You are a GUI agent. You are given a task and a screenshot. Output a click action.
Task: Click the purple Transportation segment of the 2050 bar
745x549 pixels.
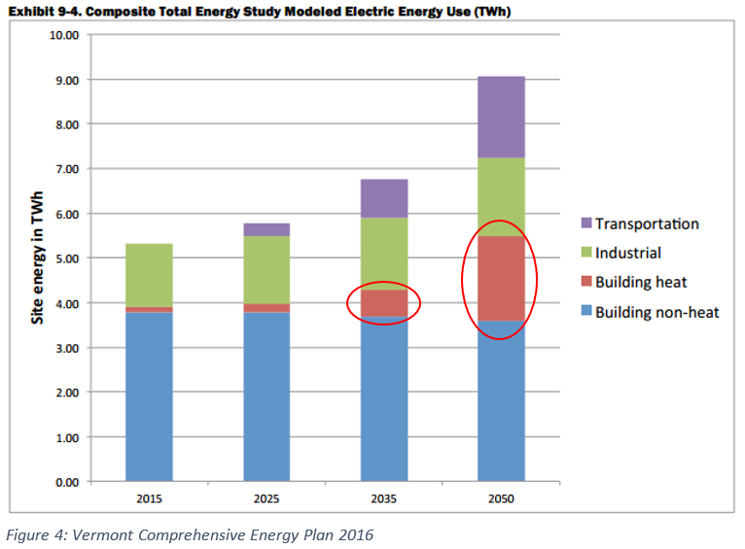coord(501,117)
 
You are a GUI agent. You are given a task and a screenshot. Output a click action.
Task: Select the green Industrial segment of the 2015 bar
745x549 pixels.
coord(149,275)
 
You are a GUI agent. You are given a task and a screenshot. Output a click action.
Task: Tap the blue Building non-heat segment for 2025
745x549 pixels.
coord(266,396)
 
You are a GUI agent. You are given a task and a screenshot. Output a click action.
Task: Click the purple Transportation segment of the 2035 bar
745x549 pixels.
coord(384,198)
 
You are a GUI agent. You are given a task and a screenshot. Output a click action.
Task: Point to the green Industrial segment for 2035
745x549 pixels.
coord(384,254)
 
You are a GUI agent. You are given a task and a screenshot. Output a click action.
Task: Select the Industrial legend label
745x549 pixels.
coord(627,253)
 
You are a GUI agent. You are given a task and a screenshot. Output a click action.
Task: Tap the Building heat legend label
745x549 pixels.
coord(643,283)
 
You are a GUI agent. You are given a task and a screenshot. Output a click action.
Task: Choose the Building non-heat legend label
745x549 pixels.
coord(656,312)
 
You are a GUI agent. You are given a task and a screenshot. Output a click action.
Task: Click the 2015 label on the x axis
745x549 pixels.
coord(149,498)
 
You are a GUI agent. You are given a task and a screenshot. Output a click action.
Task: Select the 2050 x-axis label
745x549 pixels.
coord(501,498)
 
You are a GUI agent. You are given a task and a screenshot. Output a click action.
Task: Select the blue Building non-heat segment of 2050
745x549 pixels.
coord(501,400)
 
